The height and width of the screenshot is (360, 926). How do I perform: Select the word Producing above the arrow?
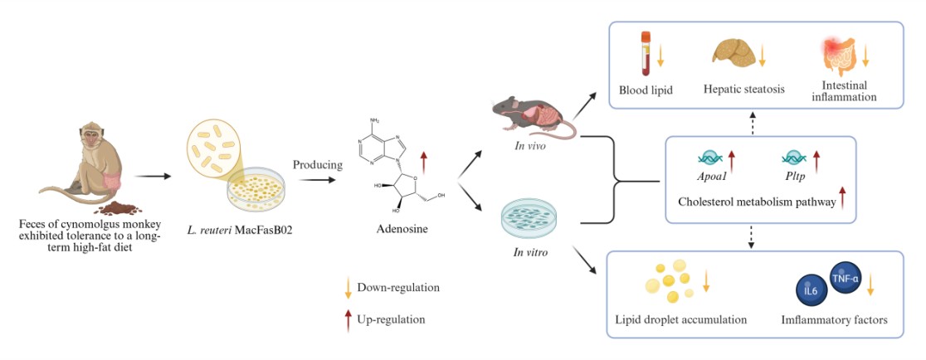(x=318, y=164)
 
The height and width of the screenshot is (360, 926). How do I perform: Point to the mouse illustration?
(x=531, y=117)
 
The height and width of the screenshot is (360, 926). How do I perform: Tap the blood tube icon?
(x=645, y=54)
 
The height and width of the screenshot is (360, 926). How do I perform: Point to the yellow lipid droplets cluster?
(x=670, y=282)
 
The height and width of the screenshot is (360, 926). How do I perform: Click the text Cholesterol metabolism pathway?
(x=755, y=202)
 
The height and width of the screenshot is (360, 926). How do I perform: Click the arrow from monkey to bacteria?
(x=153, y=176)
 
